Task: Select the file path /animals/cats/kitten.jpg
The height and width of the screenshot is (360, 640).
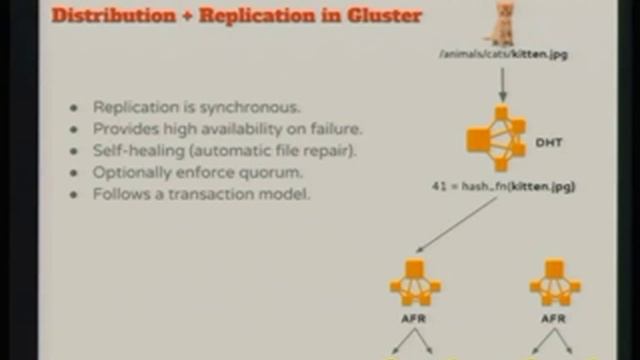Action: click(x=502, y=54)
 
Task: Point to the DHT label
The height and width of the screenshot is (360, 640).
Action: click(x=550, y=143)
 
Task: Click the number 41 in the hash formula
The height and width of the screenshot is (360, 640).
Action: click(x=438, y=186)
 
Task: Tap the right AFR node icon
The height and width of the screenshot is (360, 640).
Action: click(x=555, y=282)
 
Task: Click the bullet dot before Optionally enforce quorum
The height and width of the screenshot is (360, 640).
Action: click(x=73, y=172)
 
